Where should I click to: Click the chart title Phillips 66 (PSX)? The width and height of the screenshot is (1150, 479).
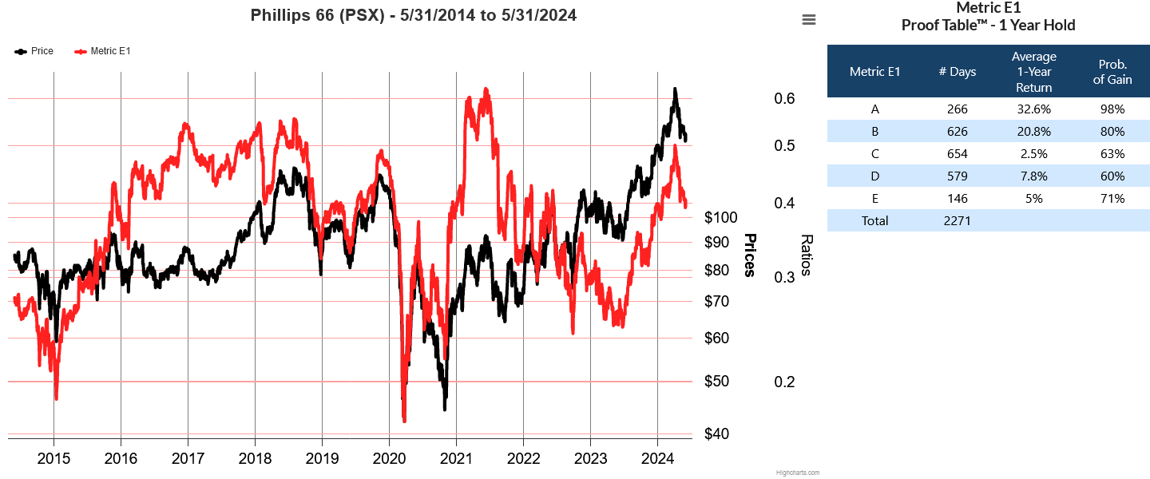(413, 15)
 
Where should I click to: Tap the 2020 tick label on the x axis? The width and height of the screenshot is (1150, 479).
(389, 458)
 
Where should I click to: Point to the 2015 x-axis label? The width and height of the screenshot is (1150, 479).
(54, 458)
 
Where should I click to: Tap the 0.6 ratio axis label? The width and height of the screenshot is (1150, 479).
(785, 98)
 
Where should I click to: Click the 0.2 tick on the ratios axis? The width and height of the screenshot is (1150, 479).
(785, 382)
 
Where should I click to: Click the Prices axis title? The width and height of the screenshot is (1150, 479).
(750, 255)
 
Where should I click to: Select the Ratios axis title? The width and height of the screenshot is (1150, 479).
(807, 255)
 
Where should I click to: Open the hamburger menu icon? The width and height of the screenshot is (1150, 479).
(809, 20)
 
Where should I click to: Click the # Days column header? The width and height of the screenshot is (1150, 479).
(958, 72)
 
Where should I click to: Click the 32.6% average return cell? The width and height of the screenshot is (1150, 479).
(1033, 109)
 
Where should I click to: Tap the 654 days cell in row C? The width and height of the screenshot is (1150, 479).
(958, 153)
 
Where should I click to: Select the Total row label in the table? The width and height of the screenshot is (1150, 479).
(874, 220)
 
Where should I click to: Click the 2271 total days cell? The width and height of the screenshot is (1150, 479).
(958, 220)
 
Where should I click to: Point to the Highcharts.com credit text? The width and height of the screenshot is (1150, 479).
(797, 473)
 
